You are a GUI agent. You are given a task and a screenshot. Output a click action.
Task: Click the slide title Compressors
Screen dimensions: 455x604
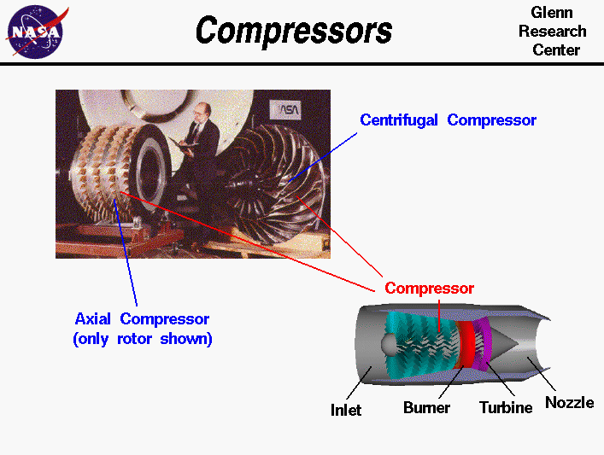coord(293,32)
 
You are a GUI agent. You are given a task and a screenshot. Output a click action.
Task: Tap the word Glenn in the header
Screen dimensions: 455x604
coord(552,13)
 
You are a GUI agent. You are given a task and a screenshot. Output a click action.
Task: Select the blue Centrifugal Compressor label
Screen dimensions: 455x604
coord(448,120)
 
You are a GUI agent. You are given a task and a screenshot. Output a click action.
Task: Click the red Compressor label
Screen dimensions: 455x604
coord(429,289)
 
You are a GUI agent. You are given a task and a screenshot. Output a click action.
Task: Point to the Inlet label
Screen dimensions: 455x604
coord(346,410)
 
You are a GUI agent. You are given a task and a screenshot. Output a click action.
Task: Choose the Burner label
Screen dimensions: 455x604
coord(426,408)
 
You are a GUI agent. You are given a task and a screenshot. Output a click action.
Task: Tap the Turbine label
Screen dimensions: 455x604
coord(505,408)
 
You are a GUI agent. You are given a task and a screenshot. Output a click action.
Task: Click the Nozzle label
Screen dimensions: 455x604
coord(569,402)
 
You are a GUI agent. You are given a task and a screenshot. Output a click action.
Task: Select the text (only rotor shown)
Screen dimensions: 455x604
coord(142,338)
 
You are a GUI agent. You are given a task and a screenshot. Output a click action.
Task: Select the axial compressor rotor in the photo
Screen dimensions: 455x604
coord(109,179)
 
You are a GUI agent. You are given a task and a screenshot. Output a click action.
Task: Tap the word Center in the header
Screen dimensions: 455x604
coord(556,50)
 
